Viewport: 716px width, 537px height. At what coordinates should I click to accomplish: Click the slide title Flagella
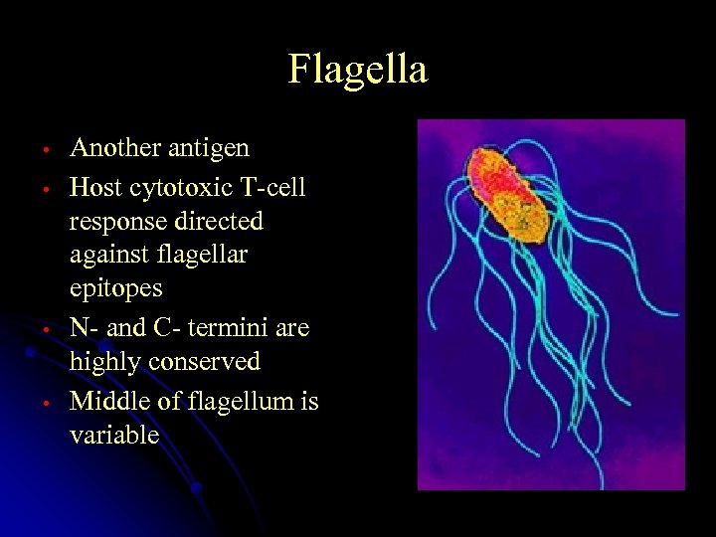(x=358, y=70)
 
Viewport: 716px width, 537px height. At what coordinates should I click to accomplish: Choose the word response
(x=113, y=221)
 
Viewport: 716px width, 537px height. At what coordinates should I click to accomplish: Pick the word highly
(x=104, y=363)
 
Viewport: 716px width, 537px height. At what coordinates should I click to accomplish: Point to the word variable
(x=114, y=435)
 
